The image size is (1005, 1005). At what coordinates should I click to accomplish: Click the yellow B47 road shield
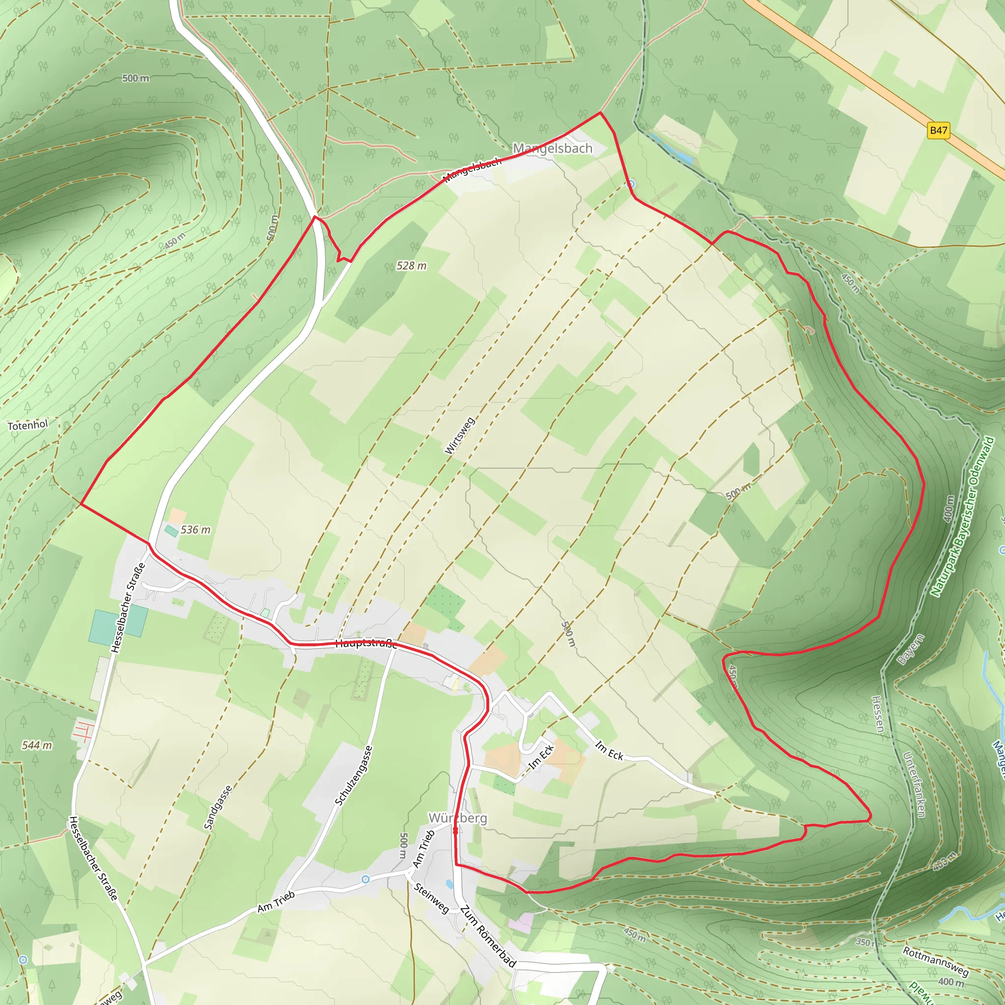(x=938, y=130)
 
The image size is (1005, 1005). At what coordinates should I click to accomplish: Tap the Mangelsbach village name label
(x=553, y=148)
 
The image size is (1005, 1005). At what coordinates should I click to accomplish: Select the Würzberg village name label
(x=458, y=818)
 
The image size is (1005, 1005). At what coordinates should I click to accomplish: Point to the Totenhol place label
(x=27, y=425)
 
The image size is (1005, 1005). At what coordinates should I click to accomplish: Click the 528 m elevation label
(x=411, y=266)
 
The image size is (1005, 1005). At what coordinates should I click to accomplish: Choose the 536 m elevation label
(x=196, y=529)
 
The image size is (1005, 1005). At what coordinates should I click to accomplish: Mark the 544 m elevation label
(x=37, y=745)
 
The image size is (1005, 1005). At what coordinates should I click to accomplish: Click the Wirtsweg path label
(x=460, y=435)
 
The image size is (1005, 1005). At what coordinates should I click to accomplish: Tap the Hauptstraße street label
(x=367, y=644)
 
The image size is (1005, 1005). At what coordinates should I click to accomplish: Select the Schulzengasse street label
(x=354, y=775)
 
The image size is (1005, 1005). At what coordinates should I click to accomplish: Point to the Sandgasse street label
(x=217, y=807)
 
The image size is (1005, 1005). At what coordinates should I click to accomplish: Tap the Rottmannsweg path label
(x=936, y=961)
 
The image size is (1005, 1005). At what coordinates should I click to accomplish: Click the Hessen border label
(x=877, y=714)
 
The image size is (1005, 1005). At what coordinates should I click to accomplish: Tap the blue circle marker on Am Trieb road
(x=366, y=879)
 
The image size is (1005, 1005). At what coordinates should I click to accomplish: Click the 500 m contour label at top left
(x=136, y=78)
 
